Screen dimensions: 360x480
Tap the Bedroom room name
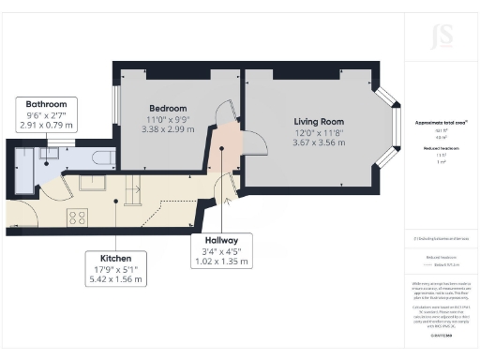168,108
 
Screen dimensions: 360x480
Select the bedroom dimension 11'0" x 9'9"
168,119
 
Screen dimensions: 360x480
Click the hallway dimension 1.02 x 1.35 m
227,262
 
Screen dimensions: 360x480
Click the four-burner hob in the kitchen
77,217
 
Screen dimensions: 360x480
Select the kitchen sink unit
93,183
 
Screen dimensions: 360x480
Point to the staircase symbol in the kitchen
131,192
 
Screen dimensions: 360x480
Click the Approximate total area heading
441,122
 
